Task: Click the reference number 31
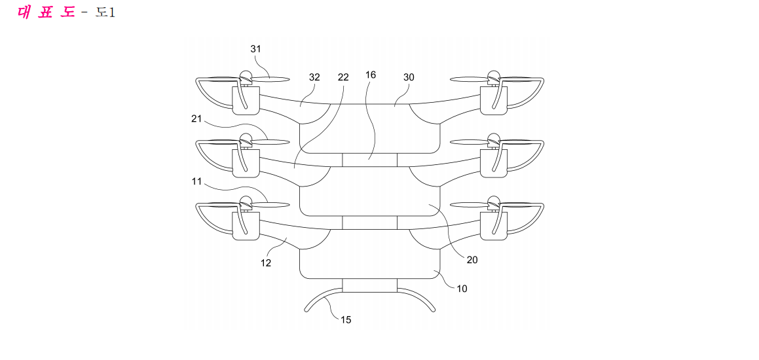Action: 255,48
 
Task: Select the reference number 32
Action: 314,77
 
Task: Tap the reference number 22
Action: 343,77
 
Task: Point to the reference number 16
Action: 371,75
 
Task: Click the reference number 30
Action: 409,77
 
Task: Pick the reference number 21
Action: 196,120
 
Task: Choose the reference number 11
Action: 196,181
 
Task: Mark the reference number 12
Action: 266,263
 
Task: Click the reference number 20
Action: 472,260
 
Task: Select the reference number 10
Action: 462,289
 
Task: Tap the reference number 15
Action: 346,320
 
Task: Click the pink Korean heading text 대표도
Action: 46,12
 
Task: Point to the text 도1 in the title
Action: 105,12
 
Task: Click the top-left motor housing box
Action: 246,100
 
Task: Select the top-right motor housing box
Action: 494,100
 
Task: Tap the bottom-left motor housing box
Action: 246,226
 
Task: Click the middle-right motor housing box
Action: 494,163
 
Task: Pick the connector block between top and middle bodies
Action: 370,160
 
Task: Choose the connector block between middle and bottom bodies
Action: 370,223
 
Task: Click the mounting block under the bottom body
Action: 370,285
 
